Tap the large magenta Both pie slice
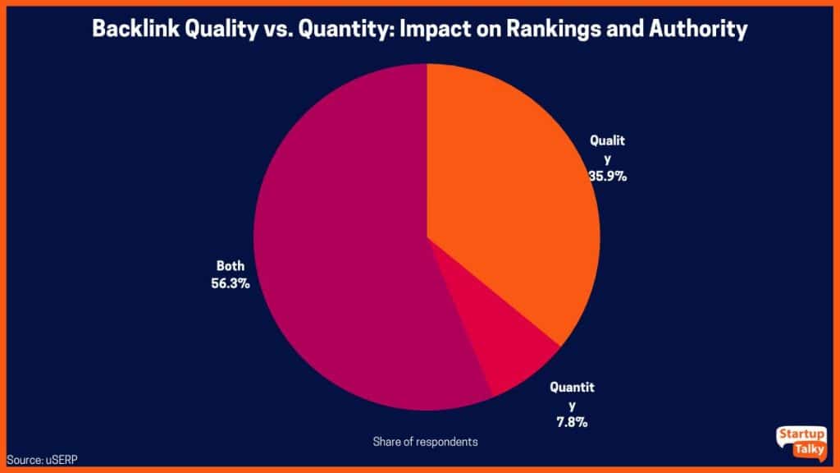tap(345, 246)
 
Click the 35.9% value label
tap(608, 175)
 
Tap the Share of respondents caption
tap(425, 442)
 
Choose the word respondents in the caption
tap(447, 442)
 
